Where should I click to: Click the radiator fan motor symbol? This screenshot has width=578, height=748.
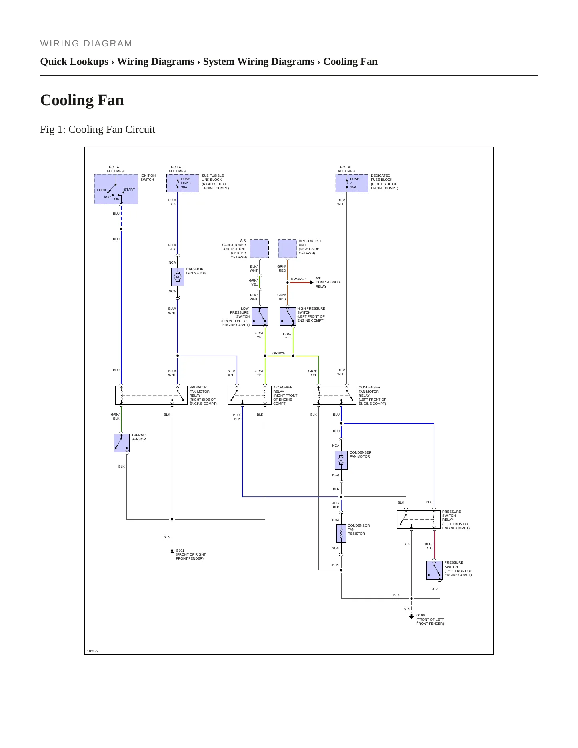(x=178, y=276)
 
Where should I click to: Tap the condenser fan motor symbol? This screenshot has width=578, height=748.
(x=341, y=460)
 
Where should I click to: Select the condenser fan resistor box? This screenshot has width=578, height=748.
(x=341, y=533)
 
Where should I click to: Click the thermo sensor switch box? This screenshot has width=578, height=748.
(x=122, y=443)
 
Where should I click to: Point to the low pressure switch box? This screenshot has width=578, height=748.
(x=260, y=316)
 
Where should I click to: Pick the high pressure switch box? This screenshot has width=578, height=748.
(x=288, y=316)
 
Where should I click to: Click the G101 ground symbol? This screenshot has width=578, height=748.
(x=172, y=552)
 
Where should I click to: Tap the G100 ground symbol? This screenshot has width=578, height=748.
(x=411, y=616)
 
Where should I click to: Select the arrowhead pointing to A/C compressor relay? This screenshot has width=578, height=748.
(x=312, y=282)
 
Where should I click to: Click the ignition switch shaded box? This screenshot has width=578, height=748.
(x=116, y=189)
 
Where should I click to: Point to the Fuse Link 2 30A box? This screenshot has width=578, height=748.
(x=183, y=183)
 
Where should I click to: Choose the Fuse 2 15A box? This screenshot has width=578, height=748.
(x=352, y=183)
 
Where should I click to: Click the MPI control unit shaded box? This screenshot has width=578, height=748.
(x=288, y=248)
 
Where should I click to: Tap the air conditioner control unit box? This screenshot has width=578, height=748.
(x=259, y=248)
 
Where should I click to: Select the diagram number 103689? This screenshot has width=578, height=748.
(x=93, y=651)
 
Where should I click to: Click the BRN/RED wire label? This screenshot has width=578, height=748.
(x=298, y=279)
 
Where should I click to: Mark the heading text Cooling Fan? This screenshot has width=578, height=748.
(x=82, y=100)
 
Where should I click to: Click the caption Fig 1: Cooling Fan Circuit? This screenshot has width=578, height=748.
(x=98, y=129)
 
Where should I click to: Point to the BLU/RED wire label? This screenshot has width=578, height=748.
(x=428, y=546)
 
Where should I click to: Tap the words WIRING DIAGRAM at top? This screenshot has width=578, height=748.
(x=86, y=43)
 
